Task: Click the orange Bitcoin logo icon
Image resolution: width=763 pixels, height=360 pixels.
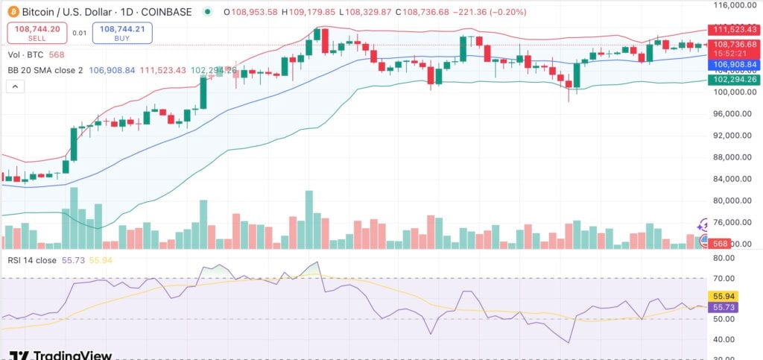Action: pyautogui.click(x=13, y=12)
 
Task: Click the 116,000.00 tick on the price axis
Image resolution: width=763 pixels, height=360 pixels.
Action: pyautogui.click(x=732, y=5)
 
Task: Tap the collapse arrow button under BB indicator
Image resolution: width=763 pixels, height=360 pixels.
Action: pyautogui.click(x=15, y=86)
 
